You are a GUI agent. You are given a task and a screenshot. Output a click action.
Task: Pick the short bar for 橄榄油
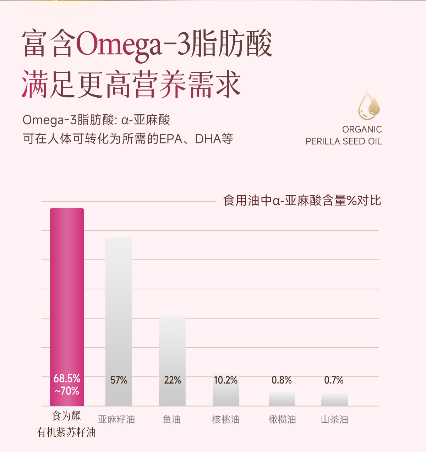click(x=282, y=399)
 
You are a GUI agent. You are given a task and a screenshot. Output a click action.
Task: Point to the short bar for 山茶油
click(x=334, y=400)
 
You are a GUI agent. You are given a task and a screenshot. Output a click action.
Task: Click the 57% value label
click(x=119, y=380)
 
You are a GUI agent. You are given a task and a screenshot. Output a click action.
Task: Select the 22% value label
click(x=173, y=380)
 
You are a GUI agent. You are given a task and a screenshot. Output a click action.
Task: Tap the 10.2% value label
click(x=226, y=380)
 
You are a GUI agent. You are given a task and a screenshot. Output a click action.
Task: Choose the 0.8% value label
click(x=282, y=380)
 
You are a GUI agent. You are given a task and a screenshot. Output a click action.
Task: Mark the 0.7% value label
click(x=334, y=380)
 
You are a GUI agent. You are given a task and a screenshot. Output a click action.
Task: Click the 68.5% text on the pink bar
click(x=67, y=379)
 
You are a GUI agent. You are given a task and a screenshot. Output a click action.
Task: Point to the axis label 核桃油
click(x=226, y=420)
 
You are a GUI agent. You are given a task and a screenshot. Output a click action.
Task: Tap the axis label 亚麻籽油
click(x=116, y=420)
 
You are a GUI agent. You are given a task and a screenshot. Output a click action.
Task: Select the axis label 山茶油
click(x=334, y=420)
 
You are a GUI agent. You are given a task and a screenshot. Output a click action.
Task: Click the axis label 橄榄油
click(x=282, y=420)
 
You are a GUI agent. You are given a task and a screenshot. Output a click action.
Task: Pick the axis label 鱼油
click(x=172, y=420)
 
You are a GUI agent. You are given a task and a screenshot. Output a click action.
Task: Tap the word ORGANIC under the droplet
click(x=362, y=129)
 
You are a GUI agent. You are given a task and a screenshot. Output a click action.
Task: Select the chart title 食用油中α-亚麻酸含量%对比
click(x=302, y=201)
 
